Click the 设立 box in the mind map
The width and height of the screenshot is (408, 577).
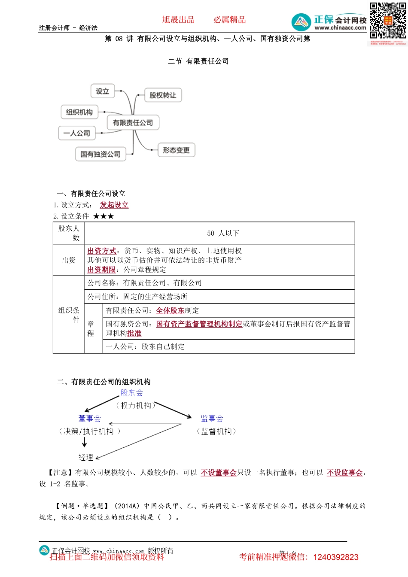tap(103, 91)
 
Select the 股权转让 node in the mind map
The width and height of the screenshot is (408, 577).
tap(163, 95)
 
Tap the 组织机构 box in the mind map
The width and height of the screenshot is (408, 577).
tap(79, 112)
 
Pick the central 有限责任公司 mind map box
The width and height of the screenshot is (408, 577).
tap(133, 123)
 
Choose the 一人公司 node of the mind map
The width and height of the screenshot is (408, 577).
tap(77, 133)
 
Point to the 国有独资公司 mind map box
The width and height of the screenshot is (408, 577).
tap(100, 154)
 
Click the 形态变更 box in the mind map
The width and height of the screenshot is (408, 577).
tap(176, 150)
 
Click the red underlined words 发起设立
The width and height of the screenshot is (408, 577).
tap(114, 205)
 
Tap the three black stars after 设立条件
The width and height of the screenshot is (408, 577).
tap(104, 216)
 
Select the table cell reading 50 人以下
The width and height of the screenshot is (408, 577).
tap(223, 233)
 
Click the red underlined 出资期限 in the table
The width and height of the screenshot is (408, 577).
tap(101, 270)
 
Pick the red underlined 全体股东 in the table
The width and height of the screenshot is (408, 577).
tap(170, 310)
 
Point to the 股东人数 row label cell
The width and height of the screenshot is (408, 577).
tap(69, 233)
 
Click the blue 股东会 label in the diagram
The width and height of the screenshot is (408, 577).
tap(132, 393)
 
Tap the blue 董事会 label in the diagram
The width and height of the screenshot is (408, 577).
tap(90, 419)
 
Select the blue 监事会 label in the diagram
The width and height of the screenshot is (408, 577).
tap(212, 419)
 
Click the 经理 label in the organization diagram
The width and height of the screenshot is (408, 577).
tap(86, 457)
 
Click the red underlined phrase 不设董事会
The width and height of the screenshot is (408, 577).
tap(219, 472)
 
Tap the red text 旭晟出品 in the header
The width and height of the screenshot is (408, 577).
tap(178, 20)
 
